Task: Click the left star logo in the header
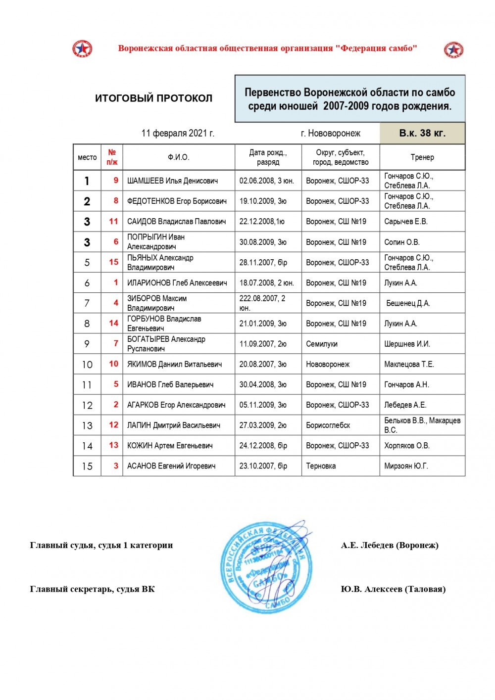point(82,49)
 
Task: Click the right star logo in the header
point(453,50)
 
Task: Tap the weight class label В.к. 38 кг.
point(422,133)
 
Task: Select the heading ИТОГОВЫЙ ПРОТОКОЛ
point(153,98)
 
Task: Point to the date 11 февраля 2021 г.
point(178,133)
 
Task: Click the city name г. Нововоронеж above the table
point(330,134)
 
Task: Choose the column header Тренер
point(422,157)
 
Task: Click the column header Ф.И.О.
point(178,157)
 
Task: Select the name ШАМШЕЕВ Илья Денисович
point(172,181)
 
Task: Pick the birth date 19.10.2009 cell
point(263,201)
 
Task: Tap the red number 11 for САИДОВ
point(113,222)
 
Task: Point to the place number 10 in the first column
point(87,365)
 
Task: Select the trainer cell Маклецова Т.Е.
point(409,365)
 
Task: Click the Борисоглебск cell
point(328,425)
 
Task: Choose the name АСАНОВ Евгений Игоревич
point(171,466)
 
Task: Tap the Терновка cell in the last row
point(321,466)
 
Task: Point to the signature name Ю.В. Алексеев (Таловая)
point(393,589)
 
